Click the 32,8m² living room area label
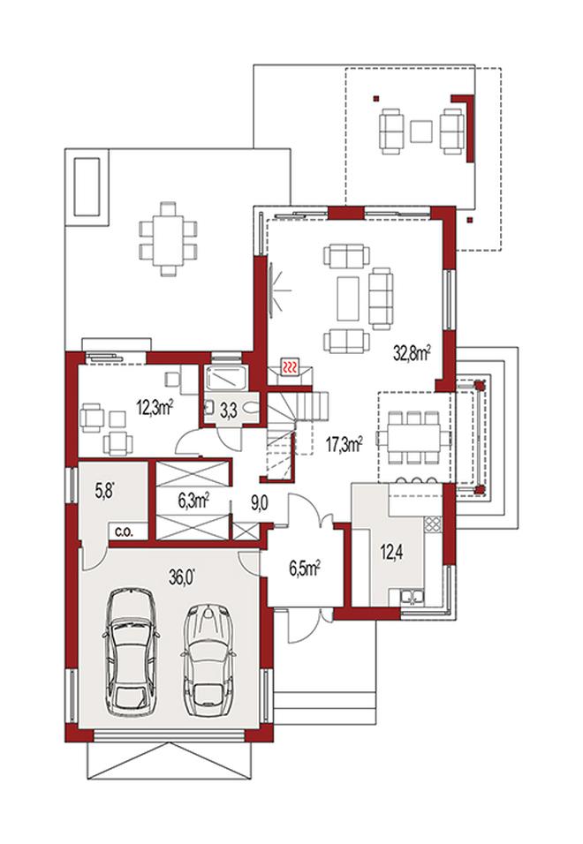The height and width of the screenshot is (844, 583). tap(412, 353)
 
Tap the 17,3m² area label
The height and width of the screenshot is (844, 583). tap(344, 445)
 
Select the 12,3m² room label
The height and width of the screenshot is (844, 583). tap(154, 407)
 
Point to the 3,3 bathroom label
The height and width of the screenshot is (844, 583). tap(229, 411)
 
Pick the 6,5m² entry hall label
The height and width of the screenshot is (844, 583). tap(305, 569)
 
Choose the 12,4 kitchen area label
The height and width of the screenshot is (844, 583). tap(392, 551)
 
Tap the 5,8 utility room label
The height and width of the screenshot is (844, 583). tap(106, 492)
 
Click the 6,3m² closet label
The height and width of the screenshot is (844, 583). tap(193, 501)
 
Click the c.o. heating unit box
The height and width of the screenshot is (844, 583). tap(128, 531)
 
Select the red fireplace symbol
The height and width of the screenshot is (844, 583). tap(290, 367)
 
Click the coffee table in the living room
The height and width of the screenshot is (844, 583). tap(348, 298)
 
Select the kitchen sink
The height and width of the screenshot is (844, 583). tap(411, 597)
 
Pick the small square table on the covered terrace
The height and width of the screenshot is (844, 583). tap(421, 132)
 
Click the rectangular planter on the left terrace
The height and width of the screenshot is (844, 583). tap(87, 185)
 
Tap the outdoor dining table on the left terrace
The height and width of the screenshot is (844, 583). tap(169, 238)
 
